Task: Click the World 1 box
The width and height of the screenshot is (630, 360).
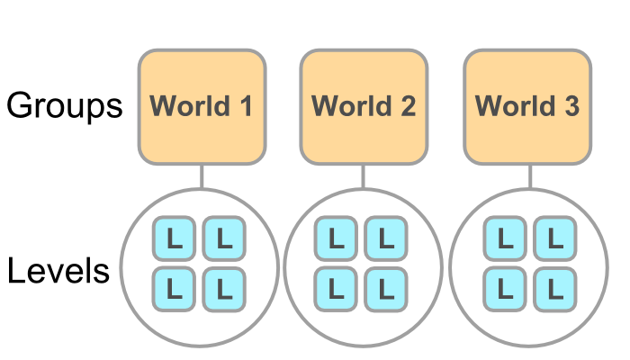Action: (x=202, y=107)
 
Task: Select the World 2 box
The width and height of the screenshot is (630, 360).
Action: (x=364, y=107)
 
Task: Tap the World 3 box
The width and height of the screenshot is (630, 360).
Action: (x=527, y=107)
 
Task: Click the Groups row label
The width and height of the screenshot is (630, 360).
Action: (x=65, y=106)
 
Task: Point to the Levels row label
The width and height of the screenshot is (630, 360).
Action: (x=59, y=271)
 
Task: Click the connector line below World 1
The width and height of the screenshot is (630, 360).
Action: (x=202, y=176)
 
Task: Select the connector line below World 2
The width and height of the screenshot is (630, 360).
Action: (x=364, y=176)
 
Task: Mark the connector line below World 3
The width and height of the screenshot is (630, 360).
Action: (x=529, y=176)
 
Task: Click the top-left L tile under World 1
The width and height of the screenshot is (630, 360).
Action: (x=175, y=239)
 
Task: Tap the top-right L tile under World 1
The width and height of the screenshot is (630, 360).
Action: (x=225, y=239)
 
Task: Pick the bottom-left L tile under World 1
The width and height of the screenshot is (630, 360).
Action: (x=175, y=289)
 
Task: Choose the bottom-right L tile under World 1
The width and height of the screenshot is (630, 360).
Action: (x=225, y=289)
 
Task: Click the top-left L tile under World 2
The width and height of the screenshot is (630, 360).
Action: (x=337, y=239)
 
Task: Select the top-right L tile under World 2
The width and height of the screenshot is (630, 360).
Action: (x=386, y=239)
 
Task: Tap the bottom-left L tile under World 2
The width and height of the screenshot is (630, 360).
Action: (x=337, y=289)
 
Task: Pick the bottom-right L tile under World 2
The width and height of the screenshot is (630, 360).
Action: (x=386, y=289)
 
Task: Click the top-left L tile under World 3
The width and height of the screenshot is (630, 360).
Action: (x=506, y=239)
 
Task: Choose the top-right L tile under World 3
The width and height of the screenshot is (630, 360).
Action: (x=555, y=239)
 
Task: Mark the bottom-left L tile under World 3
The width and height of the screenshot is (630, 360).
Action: (x=506, y=289)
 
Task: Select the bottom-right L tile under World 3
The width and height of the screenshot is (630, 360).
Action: (x=555, y=289)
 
